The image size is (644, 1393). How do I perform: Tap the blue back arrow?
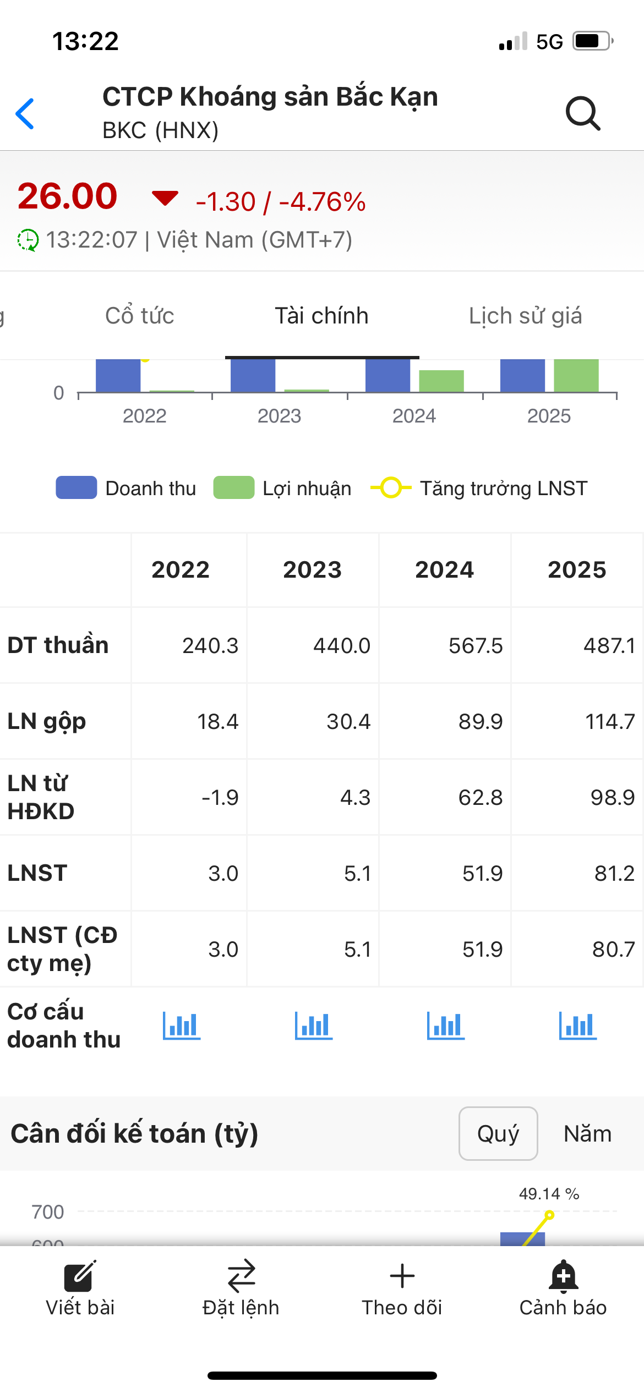pos(25,114)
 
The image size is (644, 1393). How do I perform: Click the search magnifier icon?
pos(583,113)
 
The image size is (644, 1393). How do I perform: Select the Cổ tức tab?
pos(140,316)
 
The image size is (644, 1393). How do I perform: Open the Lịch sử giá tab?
pos(525,316)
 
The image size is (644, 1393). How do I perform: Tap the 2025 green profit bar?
pos(576,376)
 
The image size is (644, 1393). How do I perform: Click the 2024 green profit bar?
pos(441,381)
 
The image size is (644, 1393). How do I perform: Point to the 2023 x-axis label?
pos(279,416)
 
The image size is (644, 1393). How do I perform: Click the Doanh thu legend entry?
pos(127,488)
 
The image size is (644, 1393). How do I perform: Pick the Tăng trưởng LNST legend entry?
pos(479,488)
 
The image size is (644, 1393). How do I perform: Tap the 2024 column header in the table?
pos(444,569)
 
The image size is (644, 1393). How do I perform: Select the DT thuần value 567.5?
pos(476,645)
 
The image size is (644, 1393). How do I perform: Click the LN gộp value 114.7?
pos(610,721)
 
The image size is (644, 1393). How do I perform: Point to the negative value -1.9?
pos(220,797)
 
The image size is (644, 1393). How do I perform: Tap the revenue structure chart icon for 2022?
pos(182,1025)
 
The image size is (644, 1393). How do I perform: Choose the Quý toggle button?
pos(498,1133)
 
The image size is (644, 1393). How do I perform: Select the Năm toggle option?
pos(587,1133)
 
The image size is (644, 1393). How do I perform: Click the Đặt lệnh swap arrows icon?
pos(241,1276)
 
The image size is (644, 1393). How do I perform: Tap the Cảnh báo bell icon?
pos(563,1276)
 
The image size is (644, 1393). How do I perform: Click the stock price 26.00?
pos(68,196)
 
